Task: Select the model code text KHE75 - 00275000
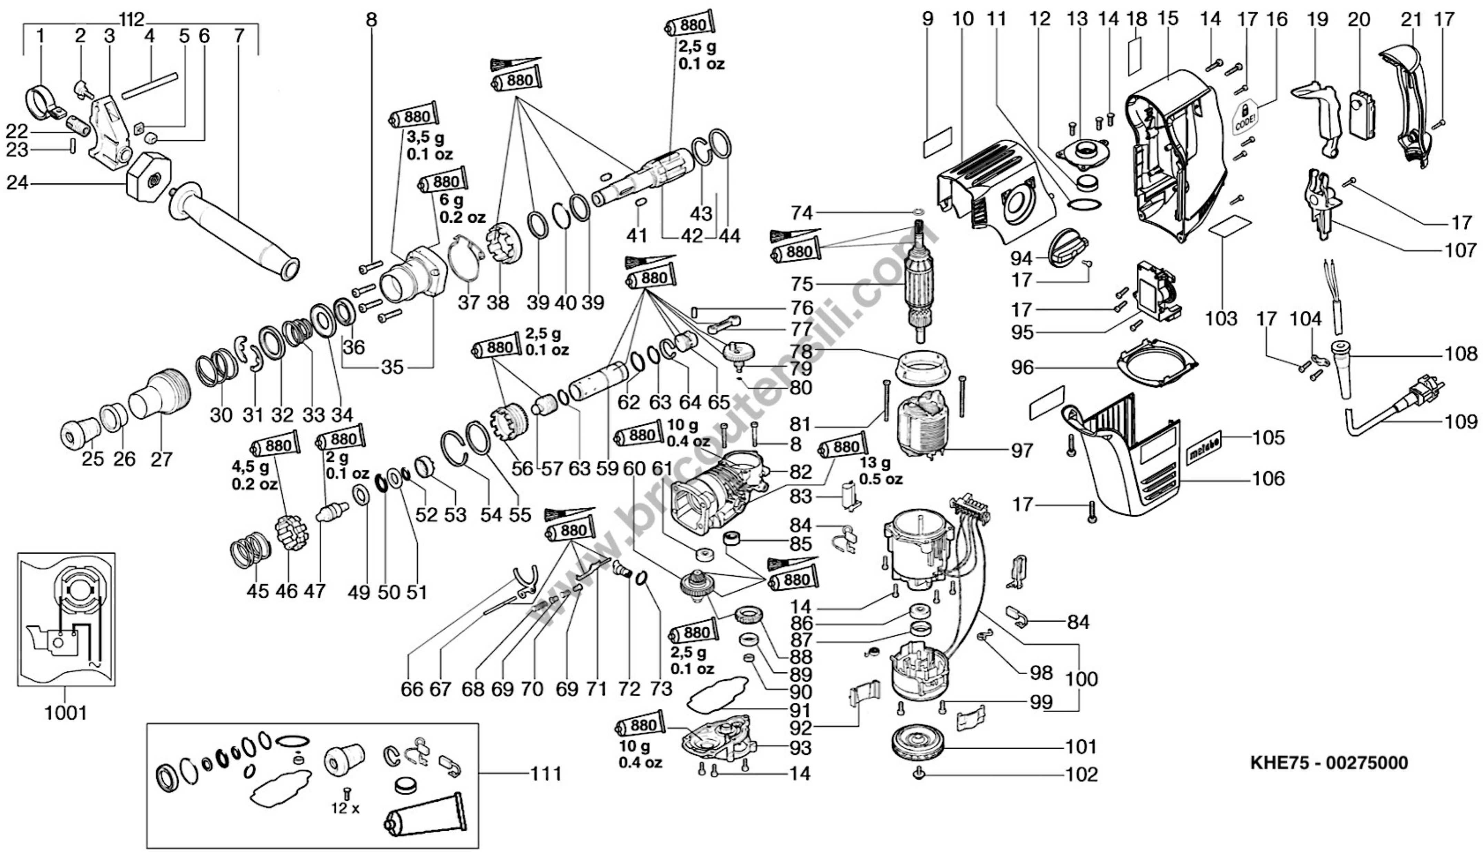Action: pos(1329,763)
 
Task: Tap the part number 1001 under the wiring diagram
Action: pos(65,713)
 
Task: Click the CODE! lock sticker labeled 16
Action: pos(1247,119)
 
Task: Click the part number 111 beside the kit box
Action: pos(546,774)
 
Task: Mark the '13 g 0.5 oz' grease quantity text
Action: pos(880,471)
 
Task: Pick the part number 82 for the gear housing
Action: pos(800,471)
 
